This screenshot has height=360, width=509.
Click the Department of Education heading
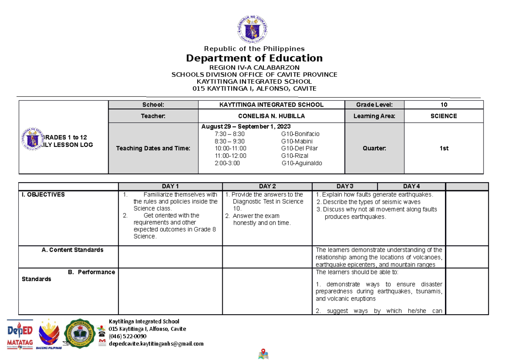click(x=254, y=58)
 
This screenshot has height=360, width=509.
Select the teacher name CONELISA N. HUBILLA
click(x=271, y=116)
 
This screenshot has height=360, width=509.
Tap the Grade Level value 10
click(x=444, y=104)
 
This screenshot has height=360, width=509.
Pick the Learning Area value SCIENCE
click(x=444, y=116)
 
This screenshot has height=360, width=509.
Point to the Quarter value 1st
click(x=444, y=149)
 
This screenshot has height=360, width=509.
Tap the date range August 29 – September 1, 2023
click(x=246, y=127)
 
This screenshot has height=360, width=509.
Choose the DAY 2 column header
click(x=267, y=186)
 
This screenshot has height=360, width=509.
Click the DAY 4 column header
click(x=411, y=186)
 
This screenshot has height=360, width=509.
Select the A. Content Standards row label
click(x=73, y=250)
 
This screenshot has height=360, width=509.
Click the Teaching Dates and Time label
click(x=153, y=149)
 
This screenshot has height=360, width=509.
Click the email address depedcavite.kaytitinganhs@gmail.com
click(x=156, y=344)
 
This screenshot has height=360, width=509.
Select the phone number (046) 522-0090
click(x=127, y=336)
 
